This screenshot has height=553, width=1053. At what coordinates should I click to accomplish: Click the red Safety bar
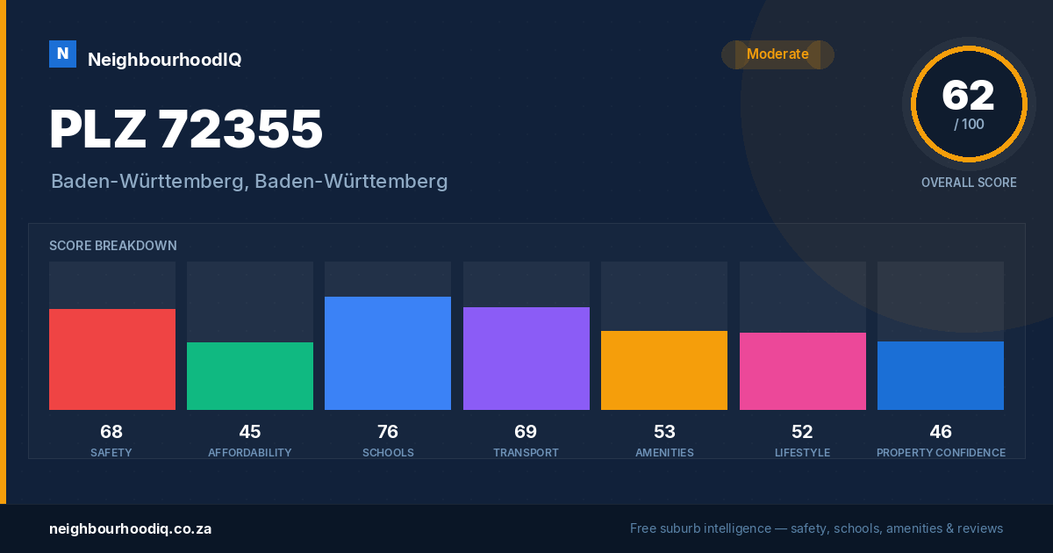(x=112, y=359)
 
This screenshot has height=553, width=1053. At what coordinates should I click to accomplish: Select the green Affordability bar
(x=250, y=376)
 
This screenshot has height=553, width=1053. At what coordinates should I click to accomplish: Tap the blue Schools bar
(x=388, y=353)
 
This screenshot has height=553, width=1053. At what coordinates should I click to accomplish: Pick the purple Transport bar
(x=526, y=358)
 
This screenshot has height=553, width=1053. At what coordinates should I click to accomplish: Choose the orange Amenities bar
(x=664, y=370)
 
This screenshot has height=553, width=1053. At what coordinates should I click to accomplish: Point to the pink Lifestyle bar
(x=803, y=371)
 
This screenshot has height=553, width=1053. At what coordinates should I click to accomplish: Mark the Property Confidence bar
(x=941, y=376)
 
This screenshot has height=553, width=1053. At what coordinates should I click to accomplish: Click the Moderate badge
(x=778, y=54)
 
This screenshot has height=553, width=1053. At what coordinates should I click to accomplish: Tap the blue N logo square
(x=62, y=54)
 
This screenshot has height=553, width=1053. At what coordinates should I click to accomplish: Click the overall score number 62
(x=969, y=96)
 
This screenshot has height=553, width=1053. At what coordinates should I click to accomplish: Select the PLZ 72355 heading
(x=186, y=129)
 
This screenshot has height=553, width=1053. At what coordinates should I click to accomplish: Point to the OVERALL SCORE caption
(x=969, y=183)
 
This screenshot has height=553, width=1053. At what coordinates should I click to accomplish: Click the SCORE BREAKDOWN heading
(x=113, y=246)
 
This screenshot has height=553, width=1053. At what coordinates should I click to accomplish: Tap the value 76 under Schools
(x=388, y=432)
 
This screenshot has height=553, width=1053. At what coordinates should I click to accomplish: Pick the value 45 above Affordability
(x=249, y=432)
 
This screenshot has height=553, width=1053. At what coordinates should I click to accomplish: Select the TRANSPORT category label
(x=526, y=453)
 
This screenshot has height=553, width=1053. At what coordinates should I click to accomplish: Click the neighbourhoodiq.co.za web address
(x=130, y=529)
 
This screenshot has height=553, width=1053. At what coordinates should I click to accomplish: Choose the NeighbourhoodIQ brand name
(x=165, y=60)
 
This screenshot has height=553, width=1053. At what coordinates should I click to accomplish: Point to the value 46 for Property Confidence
(x=941, y=432)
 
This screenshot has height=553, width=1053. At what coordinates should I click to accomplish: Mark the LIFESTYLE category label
(x=802, y=453)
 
